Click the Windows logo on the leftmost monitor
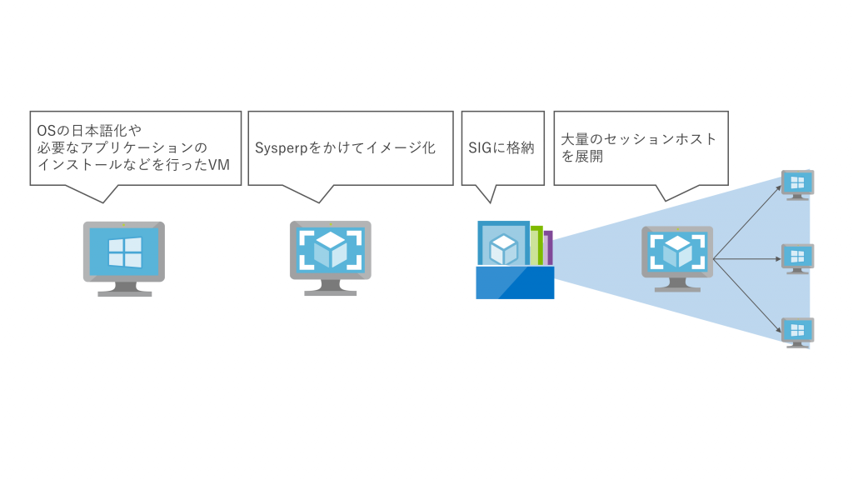coord(124,251)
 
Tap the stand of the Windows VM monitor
coord(124,288)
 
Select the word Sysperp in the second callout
coord(282,147)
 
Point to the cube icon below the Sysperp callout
coord(331,249)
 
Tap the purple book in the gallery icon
coord(548,247)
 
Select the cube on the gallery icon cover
coord(503,248)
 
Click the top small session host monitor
coord(797,184)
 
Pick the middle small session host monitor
coord(797,257)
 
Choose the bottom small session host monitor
coord(797,331)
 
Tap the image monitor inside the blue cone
coord(676,252)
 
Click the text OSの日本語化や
coord(89,131)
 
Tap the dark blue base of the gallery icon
coord(515,282)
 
